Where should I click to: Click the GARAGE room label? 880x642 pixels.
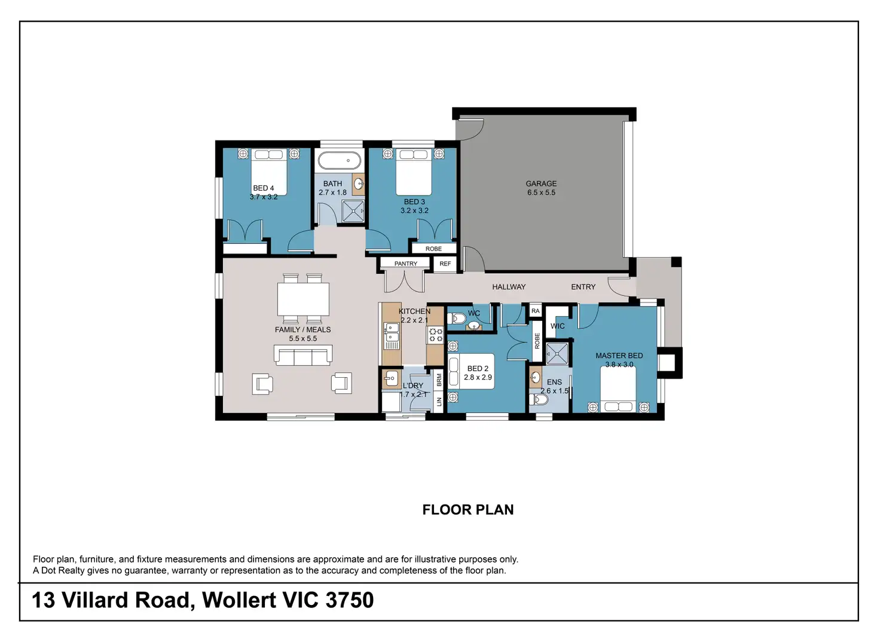(x=541, y=184)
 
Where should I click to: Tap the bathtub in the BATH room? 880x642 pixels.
(x=339, y=160)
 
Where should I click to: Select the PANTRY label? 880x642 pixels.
(x=406, y=264)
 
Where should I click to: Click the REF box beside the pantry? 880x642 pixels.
(x=445, y=264)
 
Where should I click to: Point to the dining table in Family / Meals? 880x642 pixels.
(x=303, y=299)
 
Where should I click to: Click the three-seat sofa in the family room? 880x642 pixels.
(x=303, y=355)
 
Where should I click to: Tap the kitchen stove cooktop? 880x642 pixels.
(x=435, y=335)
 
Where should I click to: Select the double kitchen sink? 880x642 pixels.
(x=391, y=332)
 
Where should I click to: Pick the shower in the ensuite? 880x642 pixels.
(x=557, y=354)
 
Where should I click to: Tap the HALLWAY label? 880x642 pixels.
(x=509, y=287)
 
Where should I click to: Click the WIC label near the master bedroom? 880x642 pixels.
(x=557, y=326)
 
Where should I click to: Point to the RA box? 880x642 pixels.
(x=536, y=311)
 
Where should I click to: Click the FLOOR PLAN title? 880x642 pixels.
(x=468, y=509)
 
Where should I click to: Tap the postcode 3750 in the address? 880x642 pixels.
(x=350, y=600)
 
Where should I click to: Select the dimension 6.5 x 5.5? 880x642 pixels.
(x=541, y=192)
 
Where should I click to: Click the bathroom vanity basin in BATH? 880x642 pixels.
(x=358, y=184)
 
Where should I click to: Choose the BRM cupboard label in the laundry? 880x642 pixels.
(x=439, y=380)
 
